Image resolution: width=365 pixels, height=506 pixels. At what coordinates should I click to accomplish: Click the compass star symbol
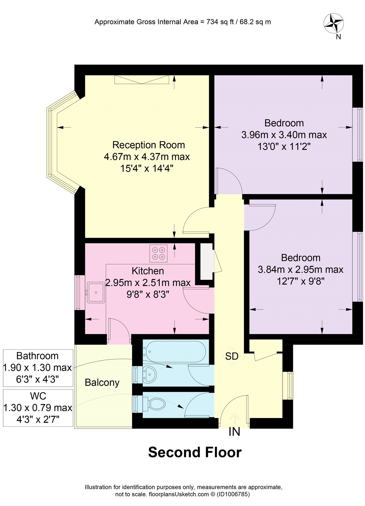tap(334, 23)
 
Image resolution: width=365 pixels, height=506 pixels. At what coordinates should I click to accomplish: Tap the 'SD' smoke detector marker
tap(232, 356)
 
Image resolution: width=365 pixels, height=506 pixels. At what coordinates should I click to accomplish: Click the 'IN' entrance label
tap(234, 432)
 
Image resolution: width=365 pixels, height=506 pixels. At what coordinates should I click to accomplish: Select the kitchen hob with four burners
tap(159, 254)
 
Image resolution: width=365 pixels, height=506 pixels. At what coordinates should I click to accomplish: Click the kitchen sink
tap(96, 293)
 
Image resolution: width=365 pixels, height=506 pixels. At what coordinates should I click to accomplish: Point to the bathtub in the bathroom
tap(175, 351)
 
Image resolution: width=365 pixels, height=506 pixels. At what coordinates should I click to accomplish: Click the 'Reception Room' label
tap(149, 145)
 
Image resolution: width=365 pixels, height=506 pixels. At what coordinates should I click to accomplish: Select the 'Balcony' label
tap(102, 383)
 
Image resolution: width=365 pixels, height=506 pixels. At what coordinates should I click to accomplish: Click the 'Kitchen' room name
tap(148, 271)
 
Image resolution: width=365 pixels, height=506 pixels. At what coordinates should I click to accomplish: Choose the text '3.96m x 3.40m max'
tap(284, 135)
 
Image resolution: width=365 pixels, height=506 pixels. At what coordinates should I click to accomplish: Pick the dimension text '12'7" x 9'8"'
tap(301, 281)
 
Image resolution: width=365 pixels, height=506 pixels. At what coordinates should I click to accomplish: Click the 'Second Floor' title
tap(195, 452)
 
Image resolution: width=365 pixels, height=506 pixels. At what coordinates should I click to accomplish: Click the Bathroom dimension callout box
tap(38, 368)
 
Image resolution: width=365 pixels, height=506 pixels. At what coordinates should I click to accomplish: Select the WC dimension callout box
tap(38, 408)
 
